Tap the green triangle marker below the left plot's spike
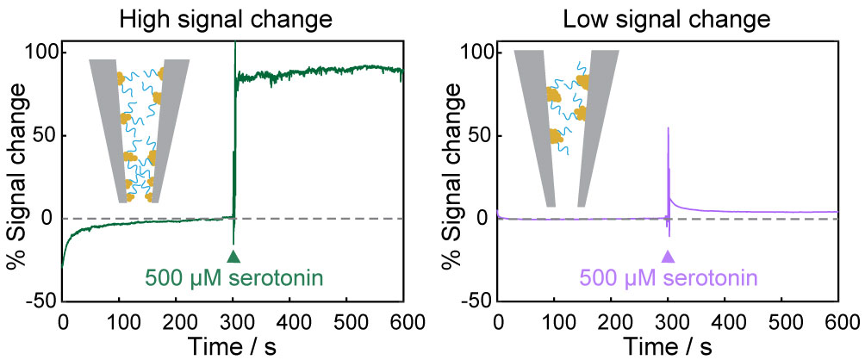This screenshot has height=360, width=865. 233,256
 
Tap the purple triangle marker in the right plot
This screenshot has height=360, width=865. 668,256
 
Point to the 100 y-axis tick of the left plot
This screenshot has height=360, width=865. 41,53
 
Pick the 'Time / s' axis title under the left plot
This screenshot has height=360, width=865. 233,346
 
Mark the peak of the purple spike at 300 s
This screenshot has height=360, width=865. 669,128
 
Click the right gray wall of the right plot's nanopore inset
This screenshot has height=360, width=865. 594,129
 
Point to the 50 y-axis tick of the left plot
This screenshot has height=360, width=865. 46,135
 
